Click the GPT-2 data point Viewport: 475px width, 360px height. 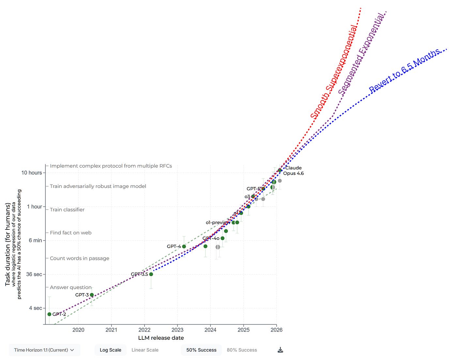[x=49, y=314]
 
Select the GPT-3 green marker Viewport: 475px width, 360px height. [x=92, y=295]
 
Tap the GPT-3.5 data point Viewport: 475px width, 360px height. [x=151, y=274]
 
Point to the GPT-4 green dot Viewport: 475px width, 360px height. [x=184, y=246]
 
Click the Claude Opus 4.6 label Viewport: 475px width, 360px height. [x=293, y=171]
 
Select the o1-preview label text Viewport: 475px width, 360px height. [x=218, y=223]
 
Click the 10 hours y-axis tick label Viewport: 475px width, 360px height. [x=32, y=173]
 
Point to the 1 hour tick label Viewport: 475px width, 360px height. [x=34, y=207]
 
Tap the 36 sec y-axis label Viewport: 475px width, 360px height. [x=34, y=274]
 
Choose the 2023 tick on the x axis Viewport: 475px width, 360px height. [x=177, y=330]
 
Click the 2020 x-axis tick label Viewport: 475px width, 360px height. [x=78, y=330]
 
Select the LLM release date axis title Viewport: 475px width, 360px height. [x=161, y=338]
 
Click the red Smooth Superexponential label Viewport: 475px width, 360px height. [x=333, y=72]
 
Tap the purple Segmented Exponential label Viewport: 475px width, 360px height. [x=361, y=54]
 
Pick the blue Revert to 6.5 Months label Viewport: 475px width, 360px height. [x=405, y=70]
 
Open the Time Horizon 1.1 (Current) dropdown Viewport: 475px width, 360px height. [x=44, y=350]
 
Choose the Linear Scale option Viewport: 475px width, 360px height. [x=145, y=350]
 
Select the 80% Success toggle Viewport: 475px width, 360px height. [x=242, y=350]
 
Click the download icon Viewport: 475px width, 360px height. [x=280, y=350]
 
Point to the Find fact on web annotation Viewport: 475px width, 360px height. [x=70, y=233]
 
